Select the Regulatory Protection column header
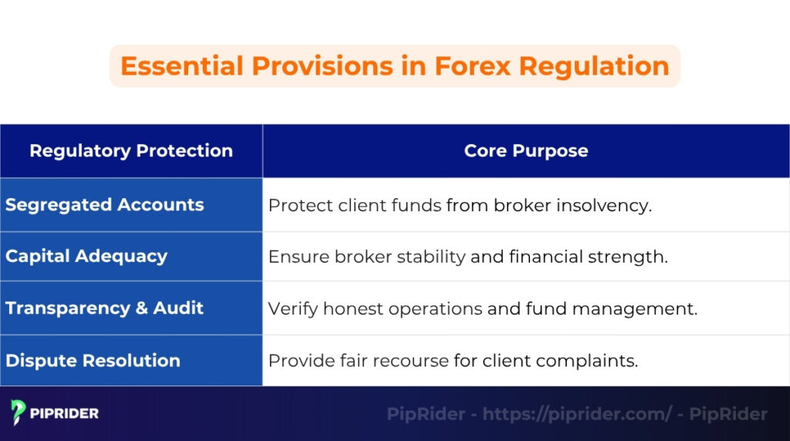[131, 151]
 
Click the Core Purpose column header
[526, 151]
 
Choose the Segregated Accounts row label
[105, 205]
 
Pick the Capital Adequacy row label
[86, 257]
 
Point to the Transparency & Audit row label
[105, 308]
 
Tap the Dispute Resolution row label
[93, 361]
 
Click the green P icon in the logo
[19, 413]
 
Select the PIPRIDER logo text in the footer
[65, 414]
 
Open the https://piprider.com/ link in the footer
[578, 414]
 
